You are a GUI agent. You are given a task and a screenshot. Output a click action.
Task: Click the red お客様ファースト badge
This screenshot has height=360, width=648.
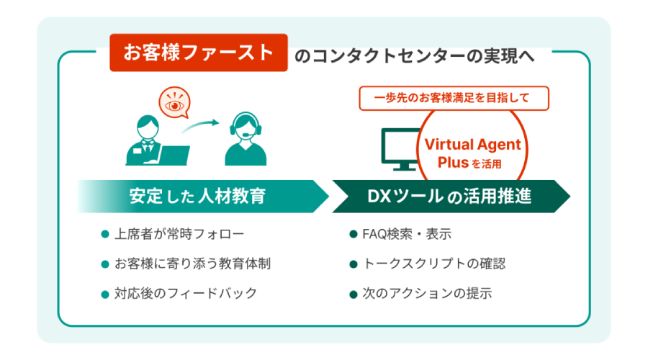(199, 53)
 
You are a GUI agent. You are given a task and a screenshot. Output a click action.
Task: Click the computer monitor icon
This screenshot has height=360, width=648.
(401, 148)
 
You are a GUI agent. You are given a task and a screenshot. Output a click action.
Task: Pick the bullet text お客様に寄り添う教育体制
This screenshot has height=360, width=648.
(192, 264)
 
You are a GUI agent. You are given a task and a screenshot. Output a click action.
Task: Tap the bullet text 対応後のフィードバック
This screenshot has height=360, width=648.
(185, 293)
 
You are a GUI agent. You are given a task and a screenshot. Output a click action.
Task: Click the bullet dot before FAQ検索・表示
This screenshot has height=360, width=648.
(353, 235)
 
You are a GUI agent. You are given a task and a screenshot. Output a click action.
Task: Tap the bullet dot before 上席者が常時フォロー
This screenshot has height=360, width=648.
(105, 235)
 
